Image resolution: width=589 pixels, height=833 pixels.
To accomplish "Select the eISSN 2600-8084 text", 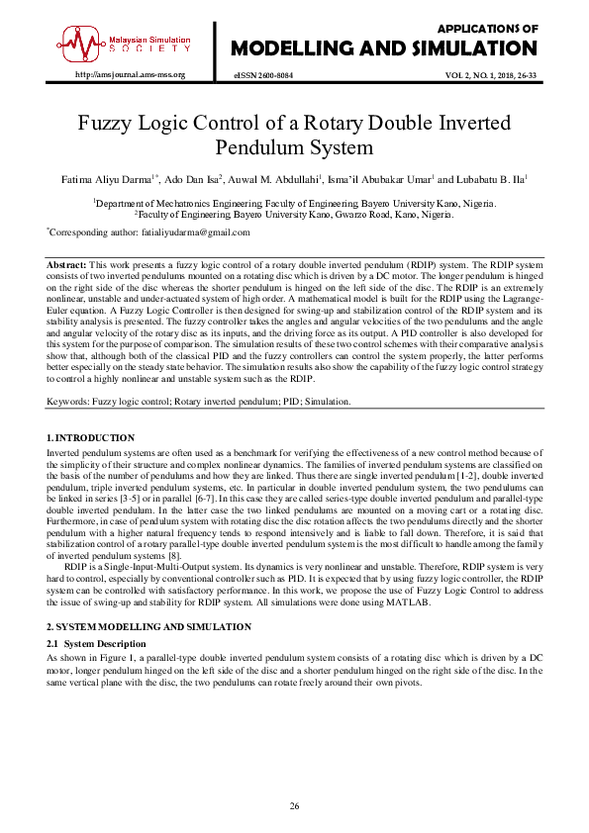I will coord(262,75).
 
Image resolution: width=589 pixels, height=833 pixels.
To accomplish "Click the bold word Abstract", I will coord(67,266).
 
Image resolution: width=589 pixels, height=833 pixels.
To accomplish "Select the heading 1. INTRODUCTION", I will coord(91,437).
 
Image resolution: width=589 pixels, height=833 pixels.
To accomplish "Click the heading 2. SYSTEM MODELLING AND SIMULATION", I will coord(148,628).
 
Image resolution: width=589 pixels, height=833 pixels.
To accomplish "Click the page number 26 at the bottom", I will coord(294,807).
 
